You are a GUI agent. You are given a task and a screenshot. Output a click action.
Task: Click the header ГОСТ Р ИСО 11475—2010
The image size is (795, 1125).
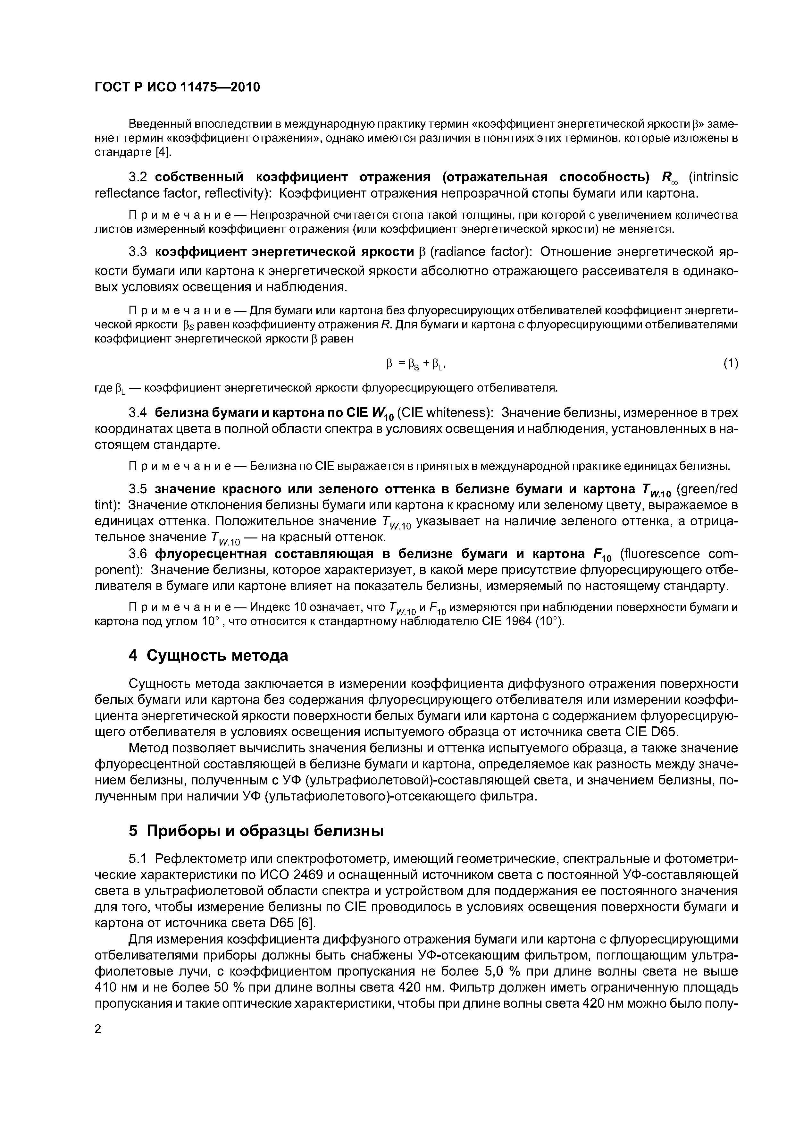tap(177, 87)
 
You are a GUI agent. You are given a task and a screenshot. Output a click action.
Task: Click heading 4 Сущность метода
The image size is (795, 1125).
tap(208, 655)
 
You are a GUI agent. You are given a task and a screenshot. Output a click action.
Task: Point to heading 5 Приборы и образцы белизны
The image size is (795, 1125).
tap(256, 831)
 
